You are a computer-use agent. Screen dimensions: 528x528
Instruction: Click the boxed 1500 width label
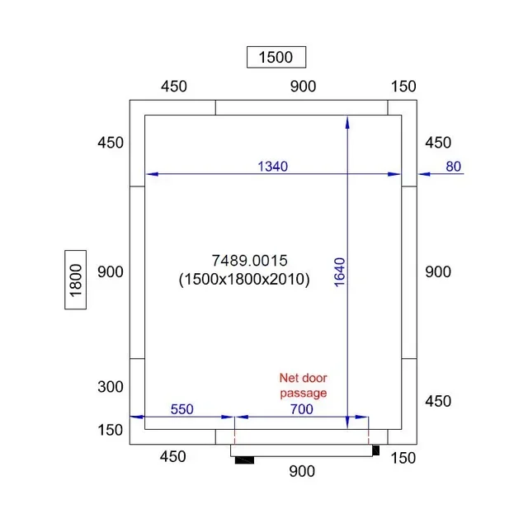point(276,57)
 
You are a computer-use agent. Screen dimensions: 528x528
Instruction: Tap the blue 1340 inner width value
point(272,167)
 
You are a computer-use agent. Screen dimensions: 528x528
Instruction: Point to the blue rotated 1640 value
point(339,272)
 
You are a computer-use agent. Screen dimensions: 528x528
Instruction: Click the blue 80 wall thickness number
point(453,167)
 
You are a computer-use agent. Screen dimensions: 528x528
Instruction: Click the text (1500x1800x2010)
point(244,280)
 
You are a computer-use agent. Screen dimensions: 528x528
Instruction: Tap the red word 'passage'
point(303,393)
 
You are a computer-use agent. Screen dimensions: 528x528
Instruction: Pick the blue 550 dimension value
point(182,408)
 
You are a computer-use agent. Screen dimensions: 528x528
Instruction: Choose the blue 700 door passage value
point(300,408)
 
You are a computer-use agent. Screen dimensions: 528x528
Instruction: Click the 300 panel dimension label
point(110,387)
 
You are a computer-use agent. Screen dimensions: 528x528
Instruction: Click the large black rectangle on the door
point(244,460)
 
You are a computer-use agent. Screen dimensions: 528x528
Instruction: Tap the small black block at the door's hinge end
point(375,450)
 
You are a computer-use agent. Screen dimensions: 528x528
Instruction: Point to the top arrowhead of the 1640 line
point(347,122)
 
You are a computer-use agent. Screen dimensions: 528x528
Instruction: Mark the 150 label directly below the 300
point(110,430)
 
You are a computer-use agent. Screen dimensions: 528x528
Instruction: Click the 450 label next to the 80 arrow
point(438,143)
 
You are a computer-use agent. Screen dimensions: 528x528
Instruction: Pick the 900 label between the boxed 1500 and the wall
point(303,87)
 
